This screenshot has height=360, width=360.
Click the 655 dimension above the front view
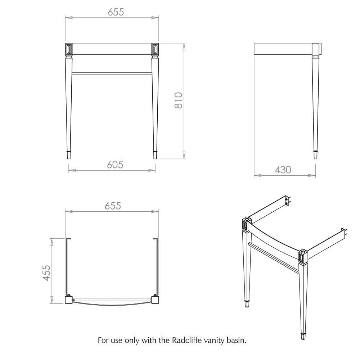click(x=116, y=12)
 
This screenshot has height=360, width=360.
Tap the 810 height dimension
click(x=179, y=100)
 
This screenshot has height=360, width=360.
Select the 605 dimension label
click(x=115, y=165)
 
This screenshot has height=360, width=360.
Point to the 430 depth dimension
click(x=283, y=170)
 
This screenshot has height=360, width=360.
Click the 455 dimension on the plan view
click(x=46, y=273)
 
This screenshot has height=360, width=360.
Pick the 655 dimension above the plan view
click(x=113, y=206)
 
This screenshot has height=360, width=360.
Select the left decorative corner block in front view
click(x=69, y=49)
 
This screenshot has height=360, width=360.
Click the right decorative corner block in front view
click(x=155, y=49)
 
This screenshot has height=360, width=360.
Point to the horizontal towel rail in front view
click(x=112, y=74)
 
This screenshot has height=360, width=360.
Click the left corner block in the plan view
click(x=69, y=300)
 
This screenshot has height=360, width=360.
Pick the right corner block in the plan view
click(x=155, y=300)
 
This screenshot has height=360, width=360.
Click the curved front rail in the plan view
click(x=112, y=303)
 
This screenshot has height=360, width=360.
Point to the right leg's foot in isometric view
click(x=303, y=336)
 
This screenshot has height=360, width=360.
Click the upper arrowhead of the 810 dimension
click(x=184, y=47)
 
